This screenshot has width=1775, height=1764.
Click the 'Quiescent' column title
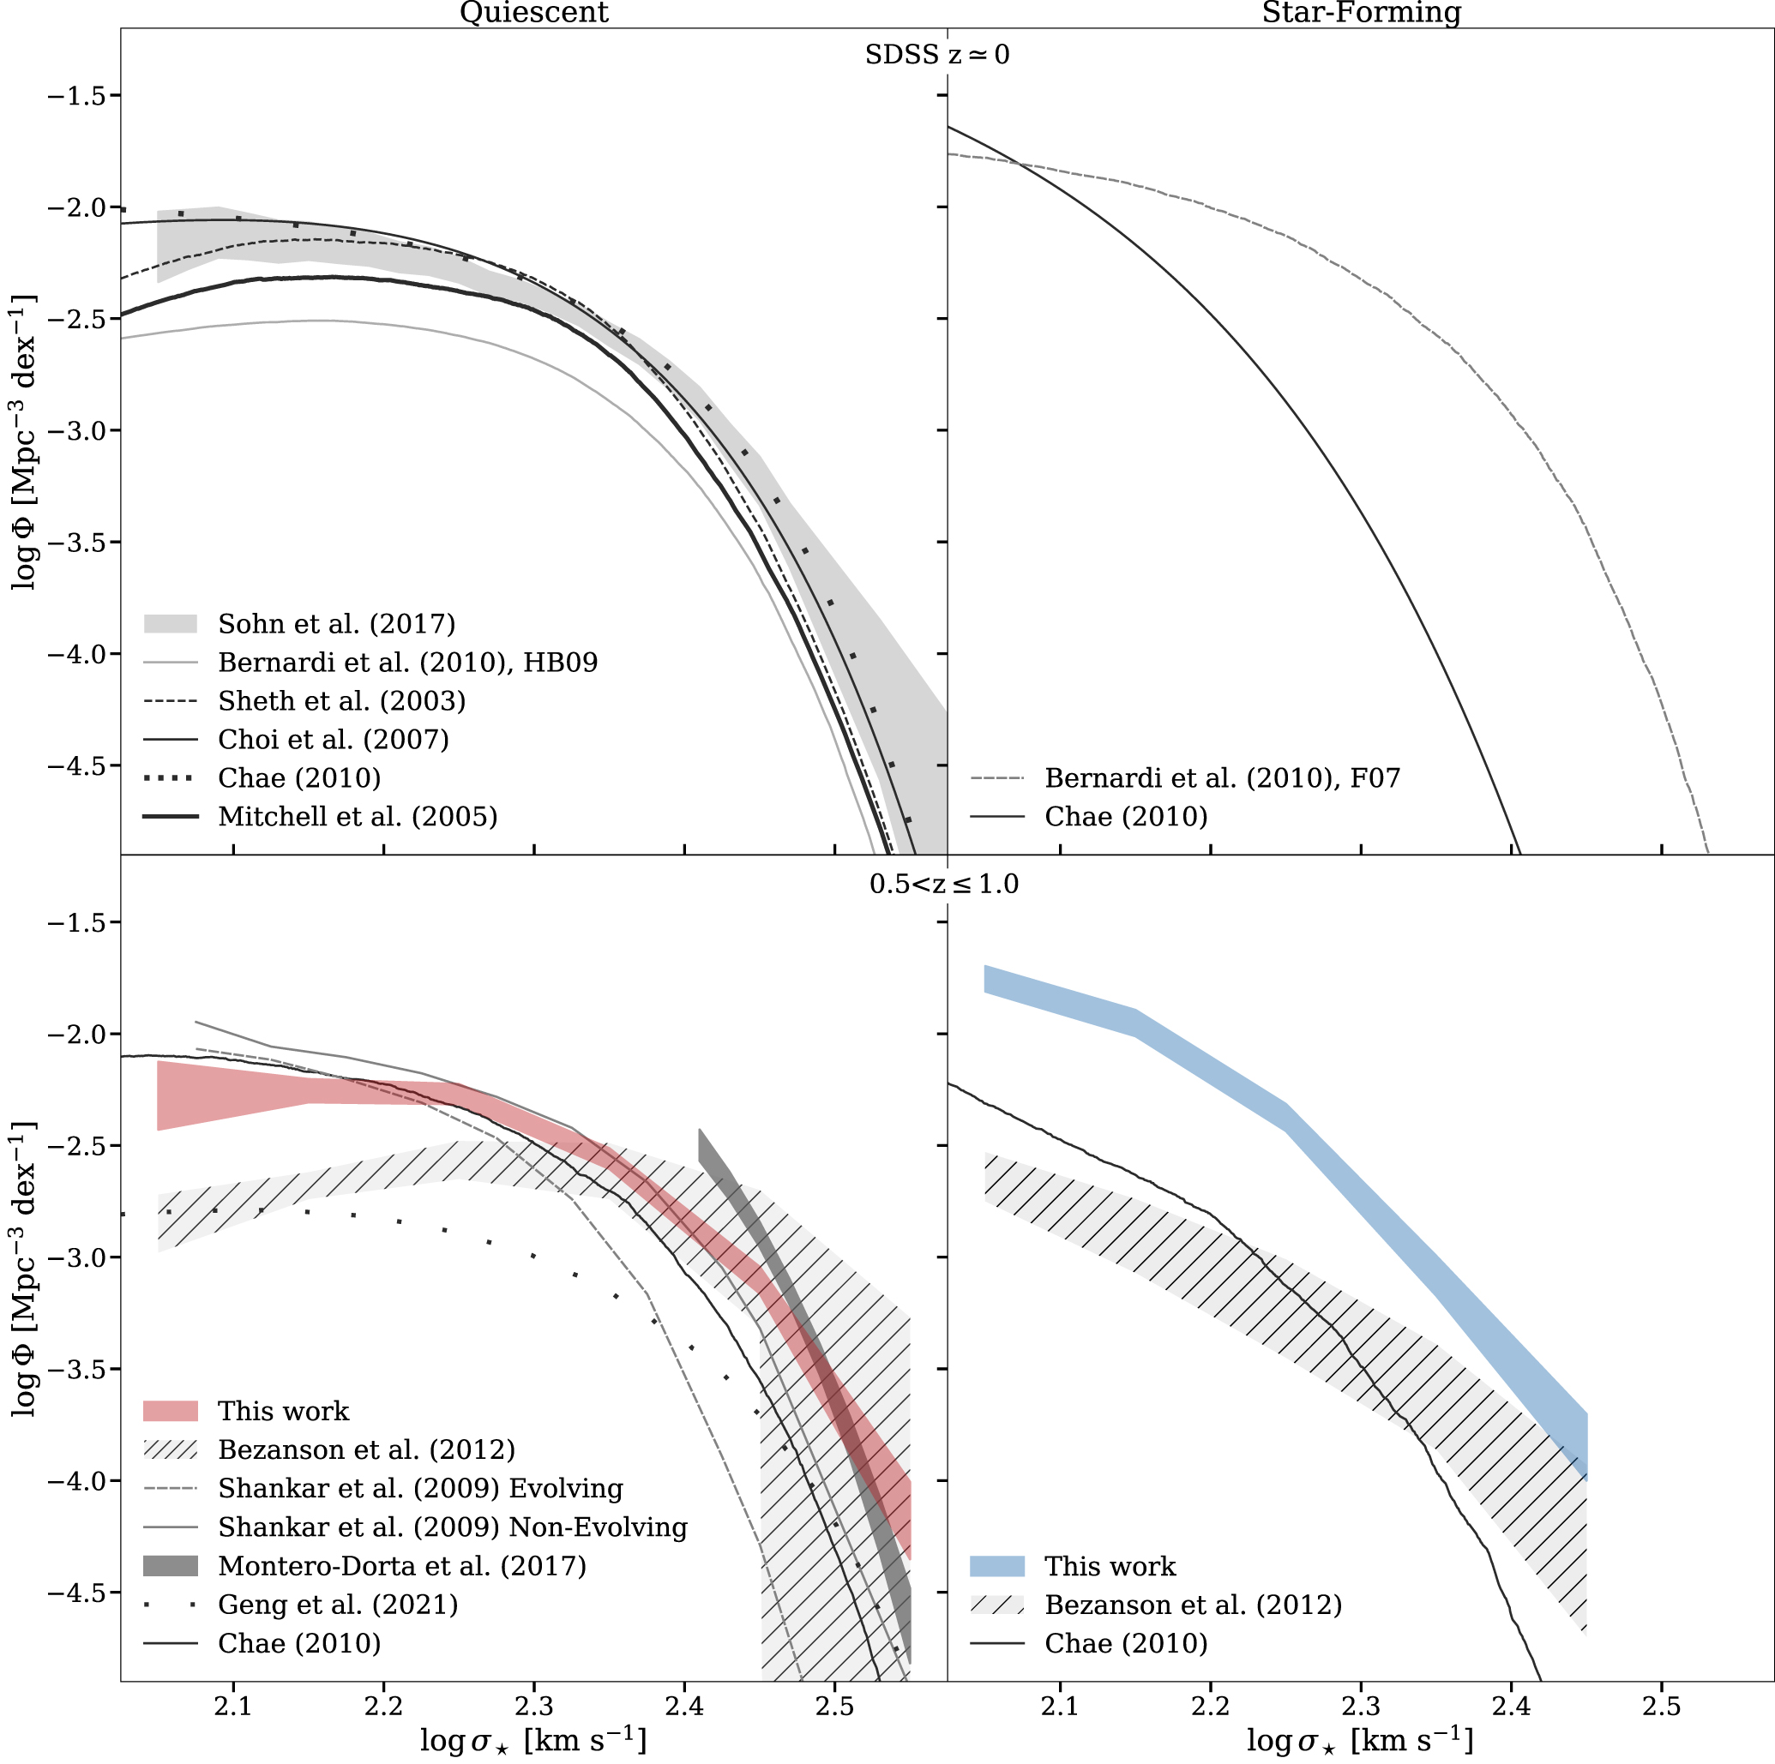pos(532,13)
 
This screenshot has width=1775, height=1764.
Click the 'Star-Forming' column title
pos(1361,13)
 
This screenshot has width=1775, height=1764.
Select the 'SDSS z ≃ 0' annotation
pos(936,55)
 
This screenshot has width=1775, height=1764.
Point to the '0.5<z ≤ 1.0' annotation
pos(943,885)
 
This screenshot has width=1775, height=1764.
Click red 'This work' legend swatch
pos(171,1412)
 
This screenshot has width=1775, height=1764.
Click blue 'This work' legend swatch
pos(996,1567)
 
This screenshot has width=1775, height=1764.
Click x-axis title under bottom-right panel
pos(1360,1740)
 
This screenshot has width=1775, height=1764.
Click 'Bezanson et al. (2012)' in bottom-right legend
pos(1193,1605)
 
